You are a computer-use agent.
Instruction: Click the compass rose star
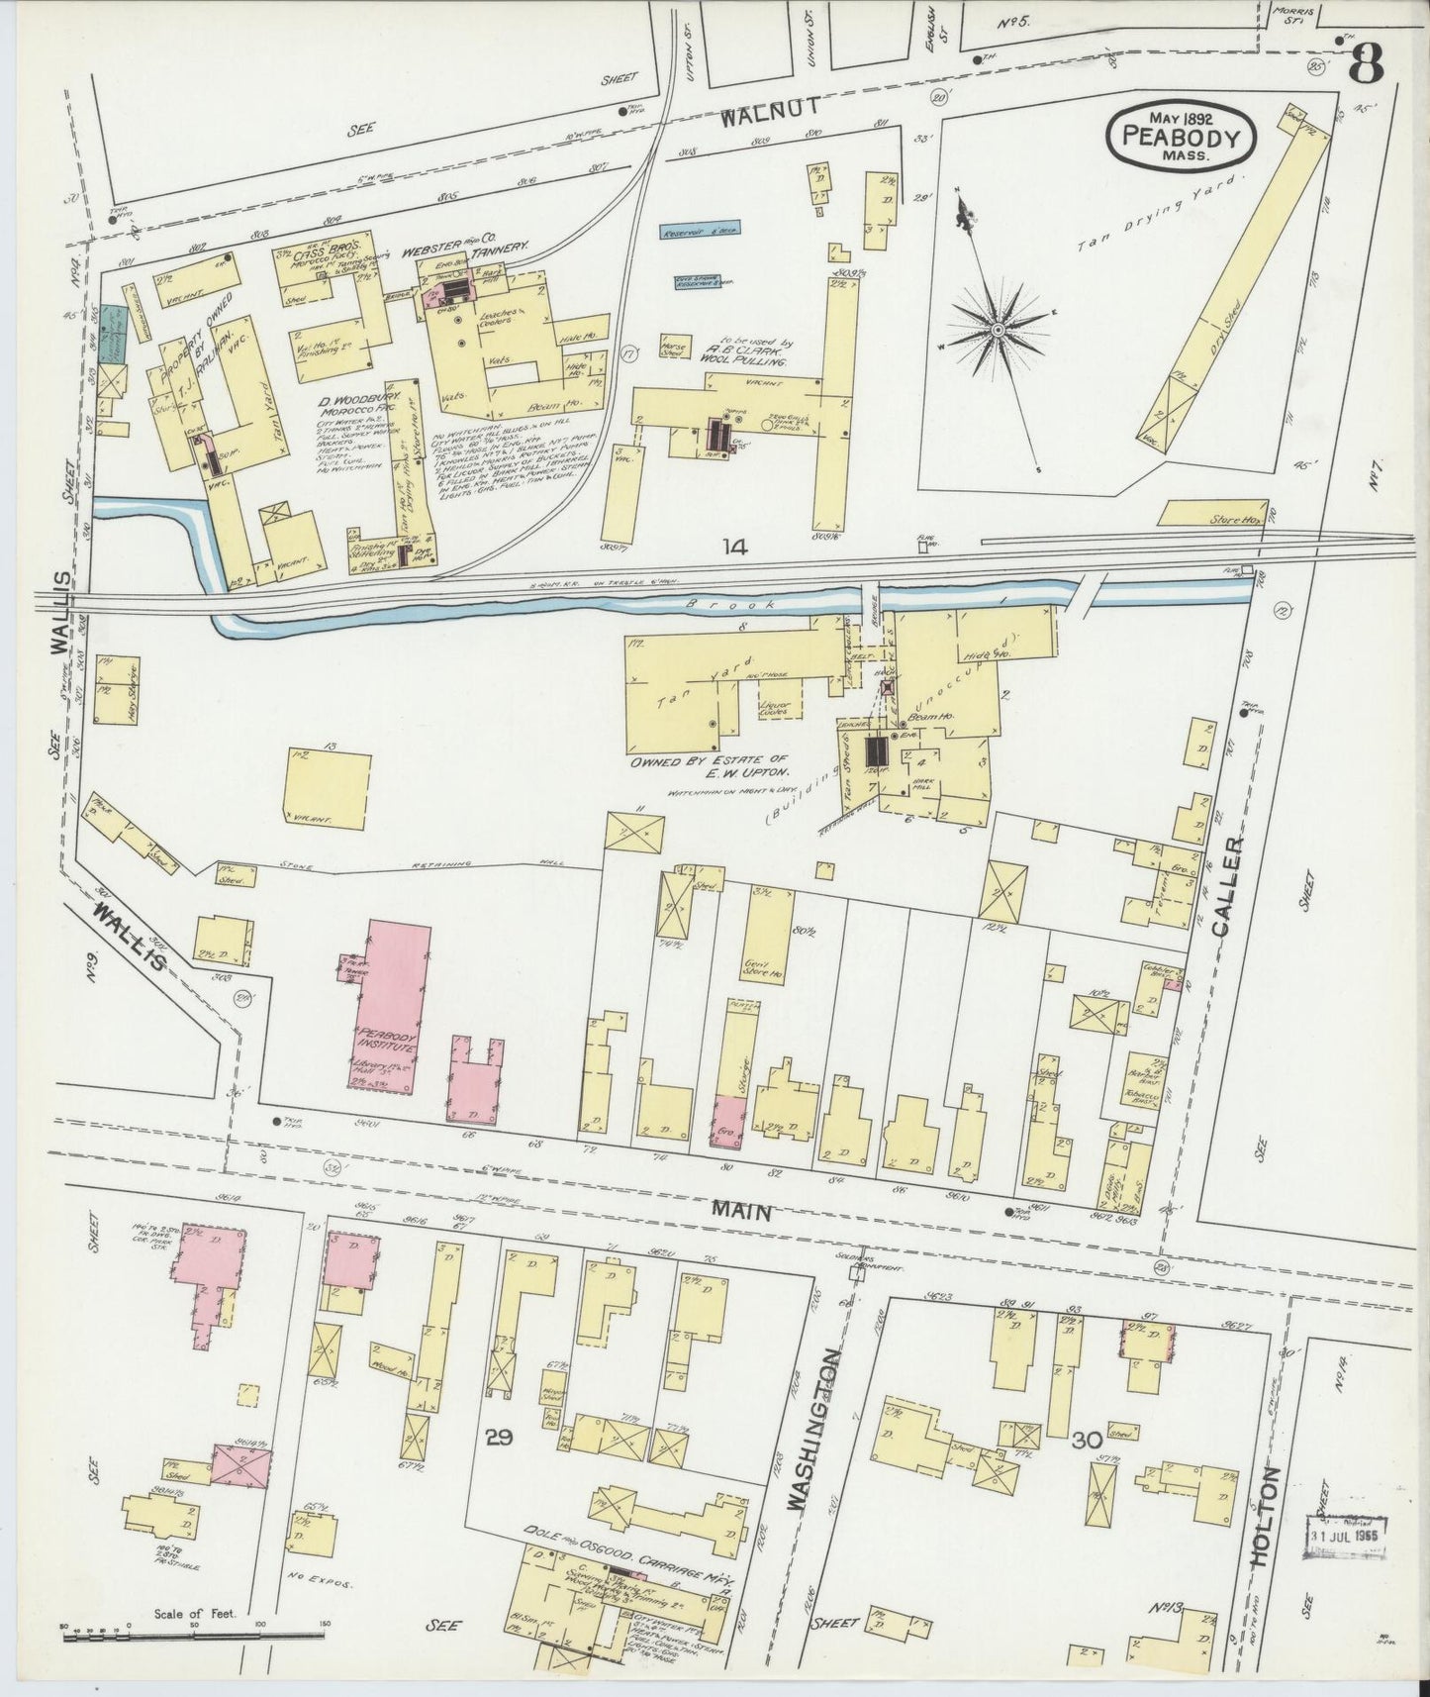(999, 328)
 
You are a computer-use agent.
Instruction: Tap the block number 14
(734, 545)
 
